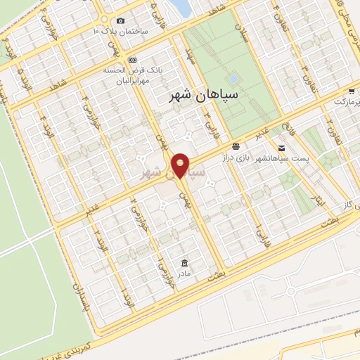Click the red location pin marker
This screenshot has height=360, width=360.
tap(181, 165)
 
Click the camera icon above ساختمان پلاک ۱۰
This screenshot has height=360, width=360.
tap(120, 21)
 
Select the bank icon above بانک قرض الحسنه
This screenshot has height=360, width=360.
tap(133, 60)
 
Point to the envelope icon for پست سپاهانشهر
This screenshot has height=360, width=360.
tap(281, 148)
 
